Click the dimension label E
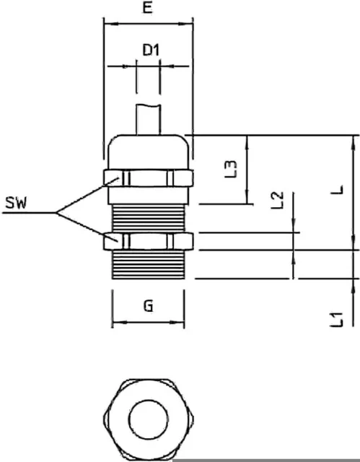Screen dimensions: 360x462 [148, 7]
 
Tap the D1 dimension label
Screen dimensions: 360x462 [151, 50]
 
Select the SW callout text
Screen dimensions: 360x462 [16, 203]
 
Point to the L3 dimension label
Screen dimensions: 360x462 [230, 169]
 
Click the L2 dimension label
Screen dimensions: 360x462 [277, 200]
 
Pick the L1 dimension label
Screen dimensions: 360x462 [336, 319]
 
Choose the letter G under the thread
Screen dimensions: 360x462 [149, 306]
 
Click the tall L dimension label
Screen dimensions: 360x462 [337, 189]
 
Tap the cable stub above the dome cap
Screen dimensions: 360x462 [149, 120]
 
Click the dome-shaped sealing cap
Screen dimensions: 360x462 [148, 152]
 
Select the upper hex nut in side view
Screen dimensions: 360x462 [149, 178]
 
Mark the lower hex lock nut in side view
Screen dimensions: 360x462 [149, 241]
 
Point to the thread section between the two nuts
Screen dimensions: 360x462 [149, 218]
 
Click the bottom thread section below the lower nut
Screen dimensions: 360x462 [149, 265]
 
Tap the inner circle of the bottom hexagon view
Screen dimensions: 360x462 [149, 419]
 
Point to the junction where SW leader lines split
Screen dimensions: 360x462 [56, 212]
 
